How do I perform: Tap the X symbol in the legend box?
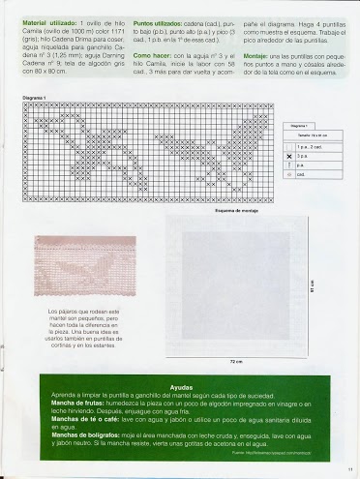(290, 155)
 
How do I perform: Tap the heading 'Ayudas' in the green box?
(181, 387)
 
